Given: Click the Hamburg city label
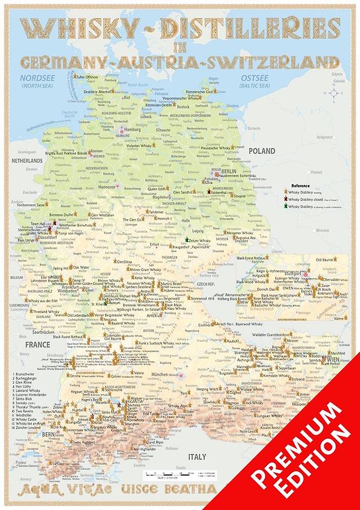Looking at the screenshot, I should (x=131, y=129).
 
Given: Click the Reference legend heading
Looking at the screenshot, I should (x=299, y=184).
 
